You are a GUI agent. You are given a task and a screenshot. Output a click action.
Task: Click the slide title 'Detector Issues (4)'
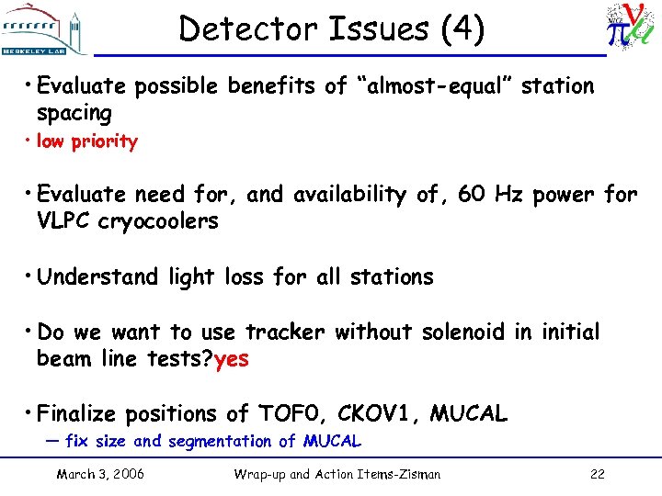(x=331, y=29)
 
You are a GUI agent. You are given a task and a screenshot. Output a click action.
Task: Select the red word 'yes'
(x=231, y=359)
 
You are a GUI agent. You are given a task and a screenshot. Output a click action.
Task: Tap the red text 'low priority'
(x=86, y=141)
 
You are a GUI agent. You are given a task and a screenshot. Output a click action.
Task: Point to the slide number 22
(x=596, y=474)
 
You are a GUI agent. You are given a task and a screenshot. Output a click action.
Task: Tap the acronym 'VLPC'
(x=63, y=221)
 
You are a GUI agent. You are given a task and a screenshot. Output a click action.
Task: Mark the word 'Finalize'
(x=85, y=414)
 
